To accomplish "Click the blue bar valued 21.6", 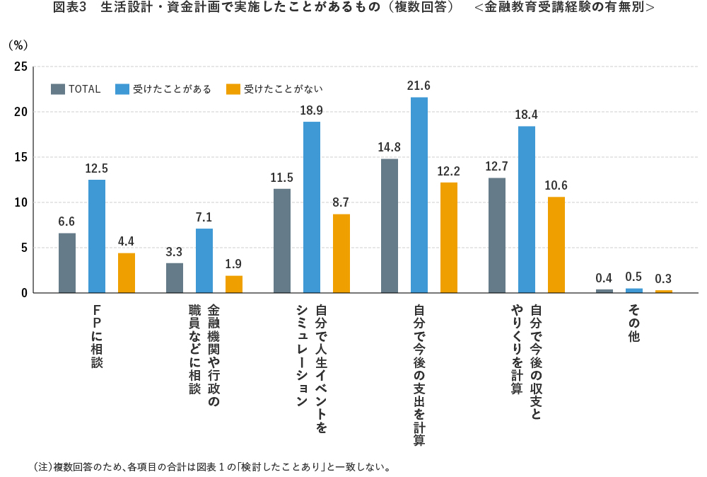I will [x=419, y=195].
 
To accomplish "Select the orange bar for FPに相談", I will [x=127, y=273].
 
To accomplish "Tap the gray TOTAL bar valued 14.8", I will [x=390, y=226].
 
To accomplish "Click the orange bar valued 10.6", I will [x=556, y=245].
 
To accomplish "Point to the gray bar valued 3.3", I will [x=175, y=278].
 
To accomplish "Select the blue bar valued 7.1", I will [x=204, y=260].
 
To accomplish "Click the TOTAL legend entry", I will [x=76, y=89].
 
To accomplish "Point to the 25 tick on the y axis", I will [x=21, y=67].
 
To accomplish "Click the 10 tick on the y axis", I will [x=21, y=202].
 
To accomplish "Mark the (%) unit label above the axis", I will [x=18, y=45].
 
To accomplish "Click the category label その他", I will [x=633, y=323].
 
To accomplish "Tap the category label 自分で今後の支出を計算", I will [x=419, y=374].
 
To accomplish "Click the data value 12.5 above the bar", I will [x=96, y=168].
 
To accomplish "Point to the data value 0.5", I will [x=633, y=277].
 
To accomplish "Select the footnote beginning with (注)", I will [x=212, y=467].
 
